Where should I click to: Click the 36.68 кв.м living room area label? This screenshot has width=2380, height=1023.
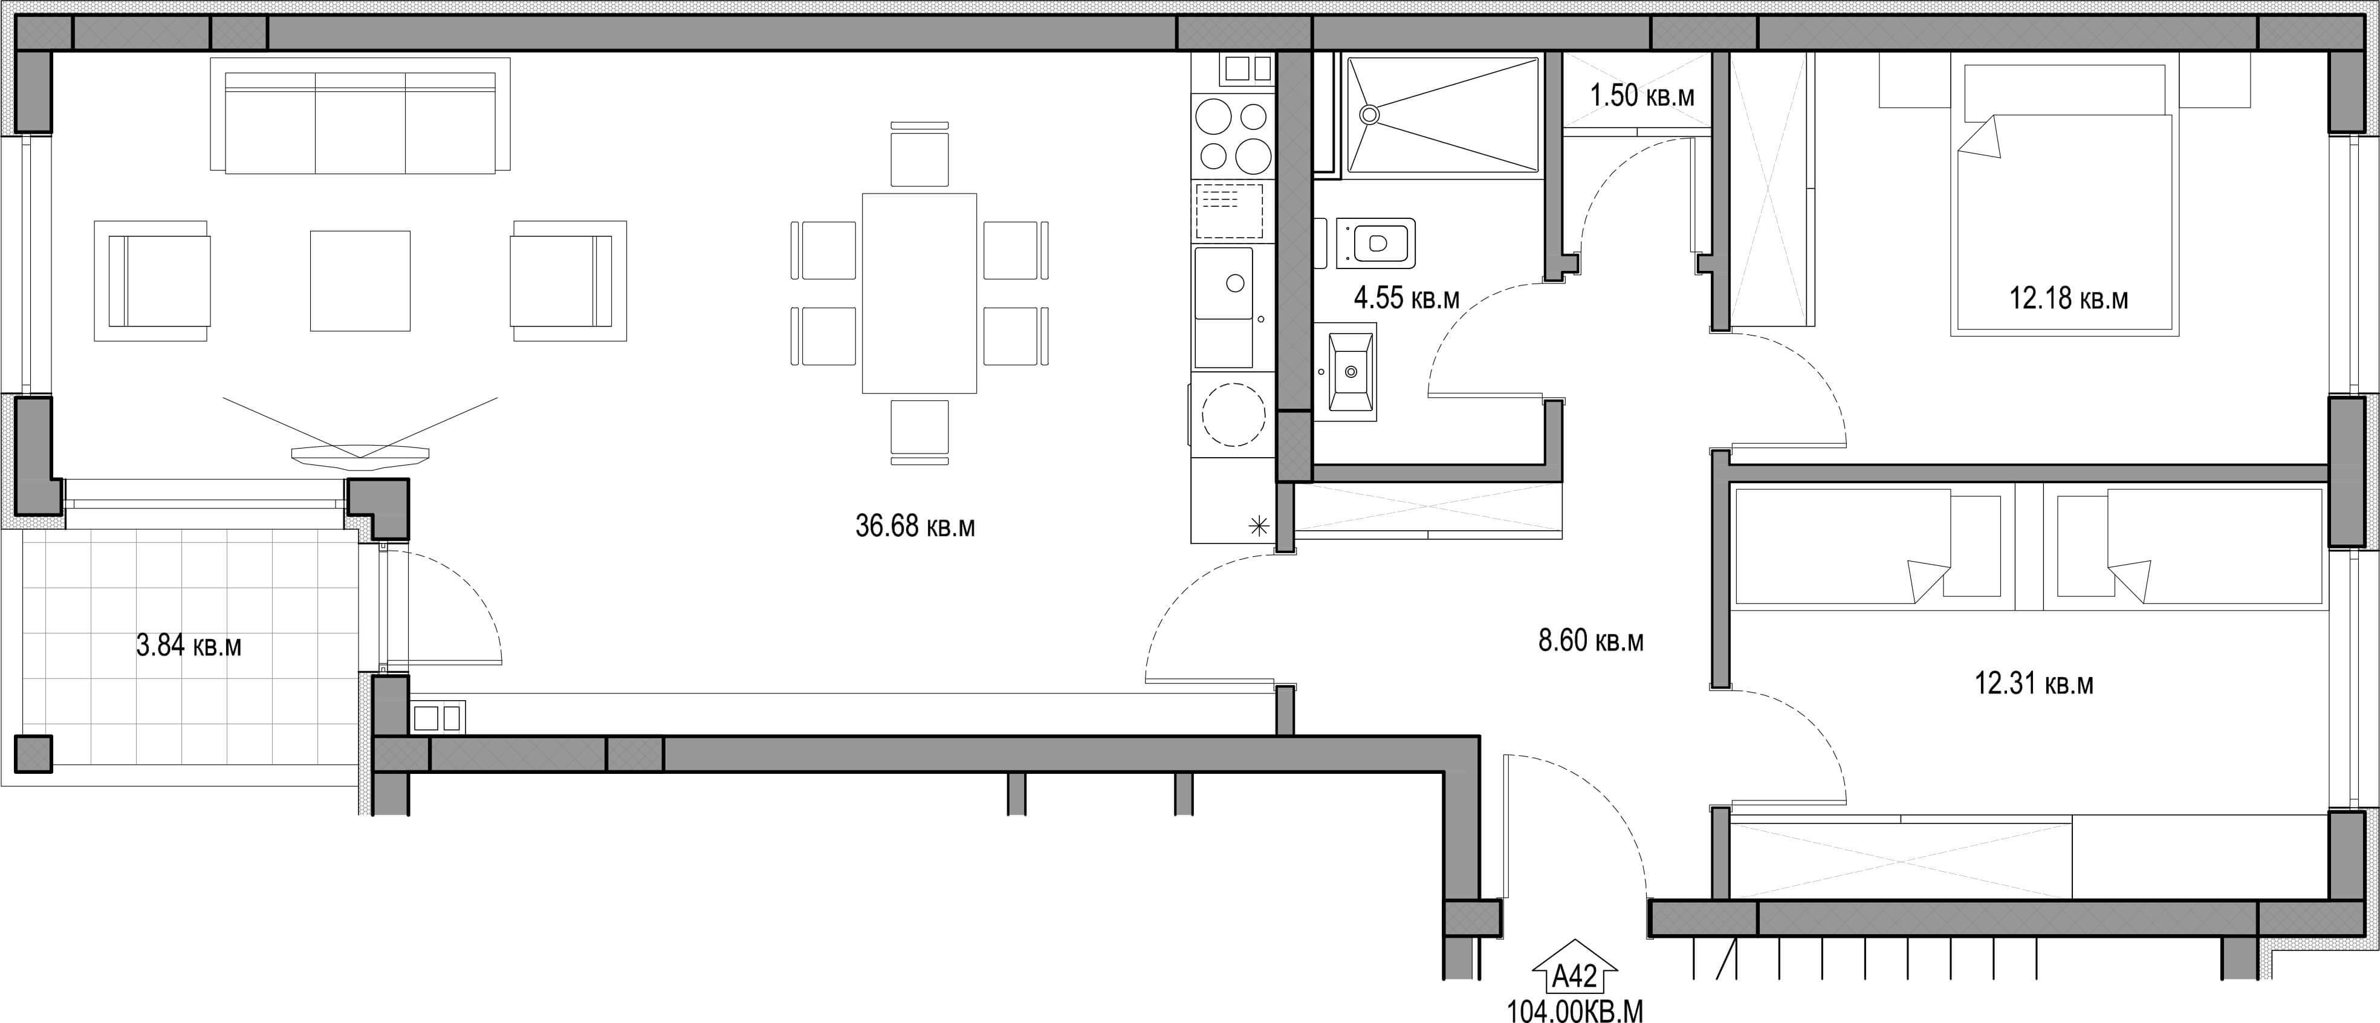[915, 526]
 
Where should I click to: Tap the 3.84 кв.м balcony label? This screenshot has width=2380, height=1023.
[189, 645]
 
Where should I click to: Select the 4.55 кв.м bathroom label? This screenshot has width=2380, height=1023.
[1406, 297]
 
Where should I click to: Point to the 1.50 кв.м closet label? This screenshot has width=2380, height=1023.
[1642, 94]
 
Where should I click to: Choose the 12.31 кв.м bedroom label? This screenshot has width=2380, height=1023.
[2034, 683]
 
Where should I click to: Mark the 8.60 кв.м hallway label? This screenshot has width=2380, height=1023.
[1591, 640]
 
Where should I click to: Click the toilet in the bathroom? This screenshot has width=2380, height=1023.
[1373, 243]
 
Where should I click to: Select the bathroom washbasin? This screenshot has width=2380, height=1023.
[1345, 371]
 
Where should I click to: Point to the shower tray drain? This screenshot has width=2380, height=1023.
[1369, 114]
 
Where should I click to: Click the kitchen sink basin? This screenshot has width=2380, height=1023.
[1224, 284]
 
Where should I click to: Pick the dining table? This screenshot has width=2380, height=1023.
[919, 294]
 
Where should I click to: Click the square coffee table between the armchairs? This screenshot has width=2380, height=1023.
[360, 281]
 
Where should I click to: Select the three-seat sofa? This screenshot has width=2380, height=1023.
[360, 115]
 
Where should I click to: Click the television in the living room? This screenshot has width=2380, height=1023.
[360, 453]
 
